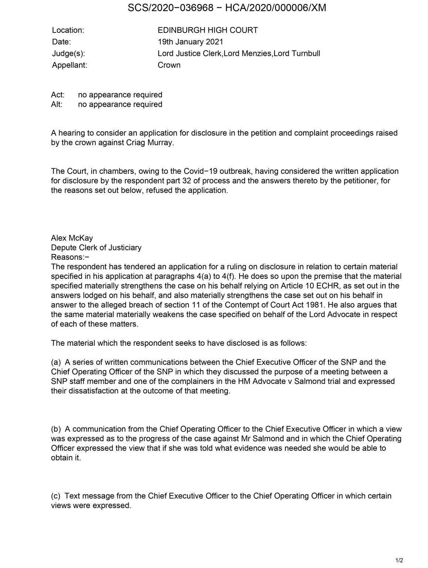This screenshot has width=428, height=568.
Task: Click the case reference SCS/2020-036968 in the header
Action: coord(170,8)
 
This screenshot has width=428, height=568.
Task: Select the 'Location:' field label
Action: coord(68,30)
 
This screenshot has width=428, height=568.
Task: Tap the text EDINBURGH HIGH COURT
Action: coord(207,30)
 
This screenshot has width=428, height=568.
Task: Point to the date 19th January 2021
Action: coord(190,42)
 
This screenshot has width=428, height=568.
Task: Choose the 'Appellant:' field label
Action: coord(69,65)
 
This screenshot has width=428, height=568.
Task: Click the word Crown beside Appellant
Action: coord(169,65)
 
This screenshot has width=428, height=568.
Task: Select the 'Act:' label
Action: coord(58,95)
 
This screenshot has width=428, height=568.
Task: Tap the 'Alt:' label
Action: coord(57,104)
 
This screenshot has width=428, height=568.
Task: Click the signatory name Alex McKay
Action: coord(72,238)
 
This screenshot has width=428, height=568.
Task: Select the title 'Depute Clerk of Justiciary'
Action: coord(96,248)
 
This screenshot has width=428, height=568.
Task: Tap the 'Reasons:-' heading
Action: coord(70,257)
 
